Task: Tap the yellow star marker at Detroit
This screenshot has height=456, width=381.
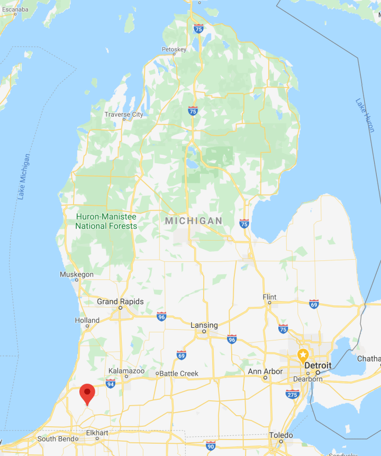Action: [x=303, y=355]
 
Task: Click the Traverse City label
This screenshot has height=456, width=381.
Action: [x=124, y=115]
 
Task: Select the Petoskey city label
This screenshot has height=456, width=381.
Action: [x=174, y=50]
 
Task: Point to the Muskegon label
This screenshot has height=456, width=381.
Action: [x=77, y=275]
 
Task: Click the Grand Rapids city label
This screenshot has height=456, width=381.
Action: [x=120, y=302]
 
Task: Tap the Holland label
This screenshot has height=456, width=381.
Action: [x=87, y=320]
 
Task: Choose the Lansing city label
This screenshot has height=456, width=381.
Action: [x=204, y=325]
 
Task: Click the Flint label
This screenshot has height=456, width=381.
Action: [x=270, y=297]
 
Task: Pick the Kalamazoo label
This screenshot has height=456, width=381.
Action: [x=126, y=371]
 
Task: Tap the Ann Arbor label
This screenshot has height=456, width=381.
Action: [x=265, y=371]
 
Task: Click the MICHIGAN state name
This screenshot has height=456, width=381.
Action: [x=194, y=221]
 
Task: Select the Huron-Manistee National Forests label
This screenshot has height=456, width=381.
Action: [x=106, y=221]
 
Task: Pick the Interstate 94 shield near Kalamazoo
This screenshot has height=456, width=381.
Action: [x=110, y=384]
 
